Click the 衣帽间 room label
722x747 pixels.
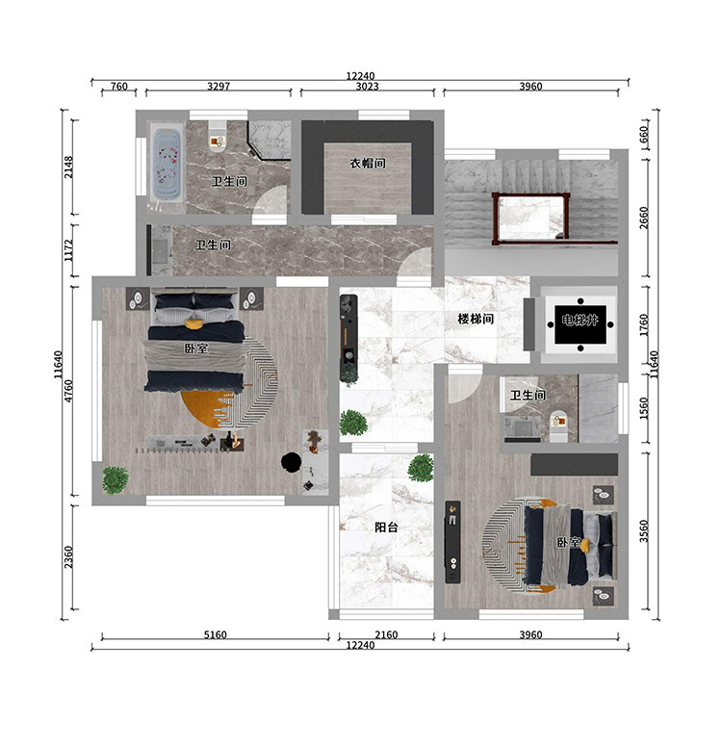click(x=368, y=164)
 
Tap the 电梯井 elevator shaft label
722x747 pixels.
click(x=580, y=320)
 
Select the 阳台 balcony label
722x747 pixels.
click(x=386, y=527)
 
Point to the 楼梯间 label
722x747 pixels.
click(x=476, y=319)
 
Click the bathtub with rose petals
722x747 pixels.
click(x=167, y=162)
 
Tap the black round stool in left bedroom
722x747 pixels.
click(x=291, y=462)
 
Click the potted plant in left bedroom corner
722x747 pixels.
click(x=115, y=480)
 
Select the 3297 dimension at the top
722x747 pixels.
click(x=219, y=87)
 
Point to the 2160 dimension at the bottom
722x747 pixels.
click(x=386, y=634)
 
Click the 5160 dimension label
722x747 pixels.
click(x=216, y=634)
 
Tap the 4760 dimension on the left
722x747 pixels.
click(x=68, y=391)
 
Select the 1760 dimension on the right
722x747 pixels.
click(x=644, y=325)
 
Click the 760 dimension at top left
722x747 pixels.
click(x=119, y=87)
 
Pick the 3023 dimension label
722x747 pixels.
click(x=368, y=87)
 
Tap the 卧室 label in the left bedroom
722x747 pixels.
click(x=196, y=348)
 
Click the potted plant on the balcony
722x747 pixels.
click(x=421, y=467)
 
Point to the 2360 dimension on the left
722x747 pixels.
click(x=68, y=556)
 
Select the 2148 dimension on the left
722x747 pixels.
click(x=68, y=167)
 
